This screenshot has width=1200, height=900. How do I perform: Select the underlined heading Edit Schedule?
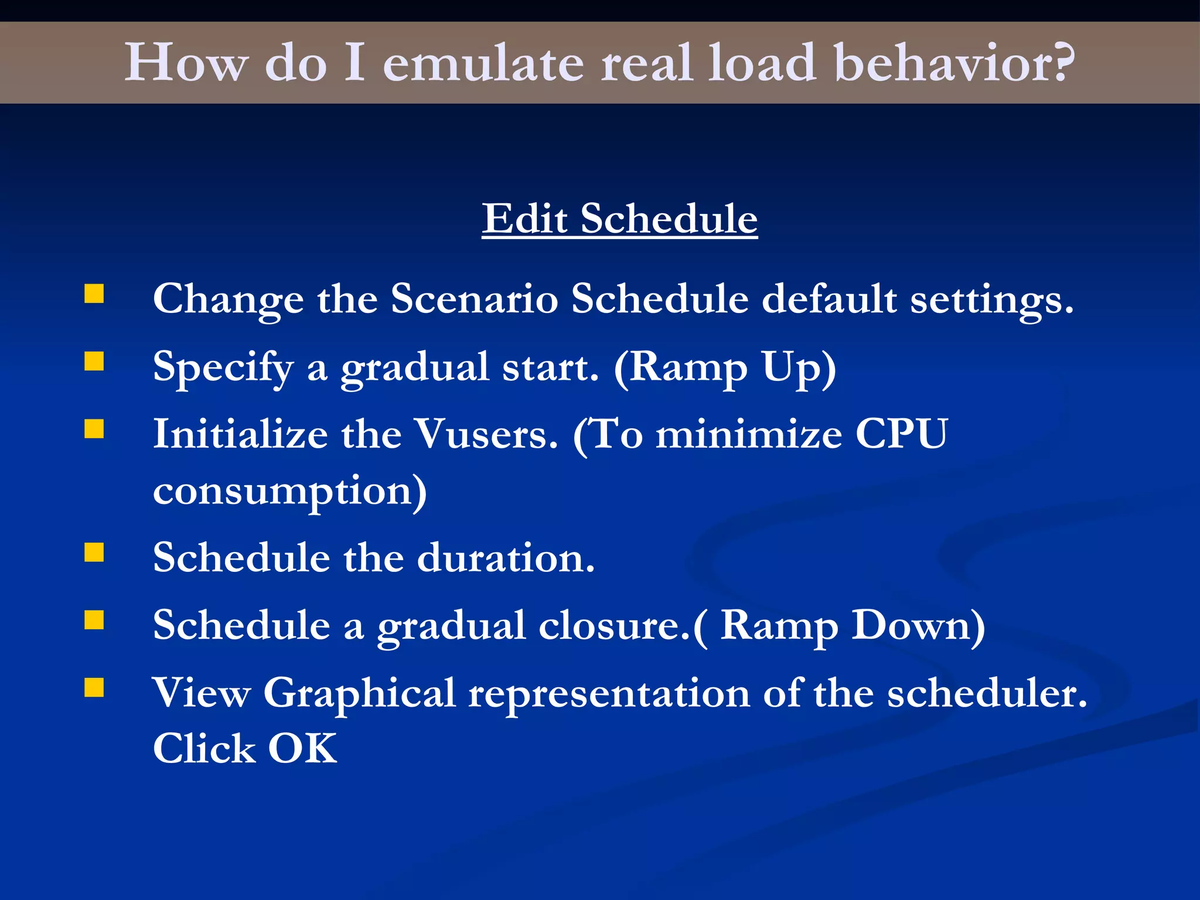point(619,219)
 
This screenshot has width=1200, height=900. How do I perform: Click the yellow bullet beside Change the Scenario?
point(94,294)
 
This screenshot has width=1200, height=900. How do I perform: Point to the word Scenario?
point(473,299)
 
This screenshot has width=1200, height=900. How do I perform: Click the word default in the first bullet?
point(829,299)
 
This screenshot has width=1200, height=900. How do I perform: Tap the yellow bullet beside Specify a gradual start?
point(94,362)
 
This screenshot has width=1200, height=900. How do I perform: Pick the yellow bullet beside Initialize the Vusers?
point(94,429)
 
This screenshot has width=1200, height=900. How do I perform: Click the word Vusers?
point(485,435)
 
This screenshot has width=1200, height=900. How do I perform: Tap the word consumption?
point(289,491)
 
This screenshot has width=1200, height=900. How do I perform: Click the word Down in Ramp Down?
point(918,625)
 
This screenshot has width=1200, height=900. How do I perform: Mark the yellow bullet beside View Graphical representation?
point(94,687)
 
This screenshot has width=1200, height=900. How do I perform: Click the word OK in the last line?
point(302,749)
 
